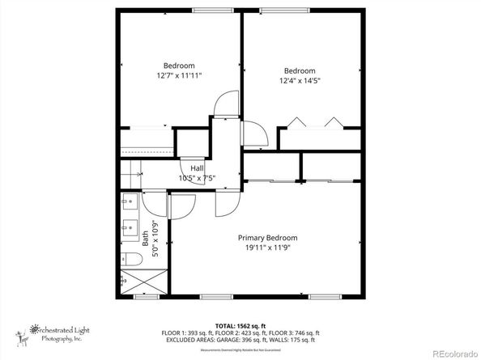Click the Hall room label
coord(197,167)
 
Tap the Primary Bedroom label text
coord(267,238)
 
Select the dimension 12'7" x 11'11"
coord(179,75)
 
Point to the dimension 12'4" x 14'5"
coord(299,80)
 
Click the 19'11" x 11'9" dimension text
coord(267,248)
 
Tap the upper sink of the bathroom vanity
coord(129,202)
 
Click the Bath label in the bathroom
coord(146,239)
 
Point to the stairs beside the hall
coord(130,172)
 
